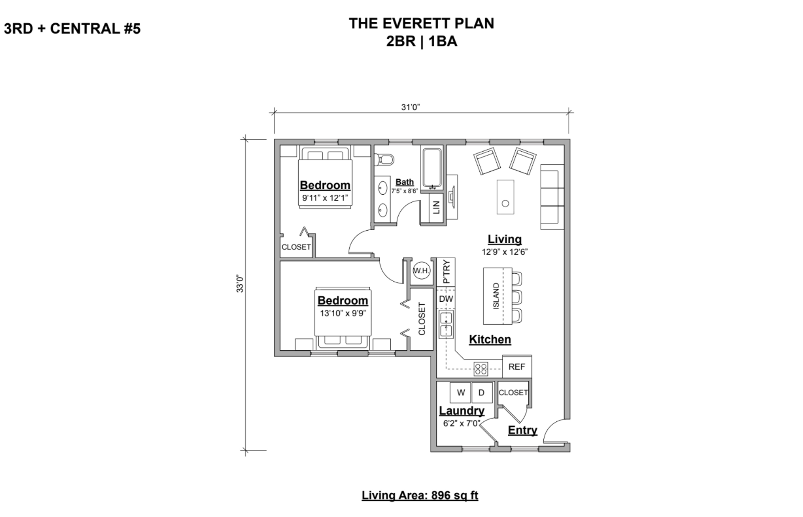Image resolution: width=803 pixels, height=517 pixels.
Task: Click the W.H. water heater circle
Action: (421, 270)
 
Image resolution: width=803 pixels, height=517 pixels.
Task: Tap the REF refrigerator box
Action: (517, 367)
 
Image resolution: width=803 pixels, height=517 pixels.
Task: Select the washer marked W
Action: (460, 392)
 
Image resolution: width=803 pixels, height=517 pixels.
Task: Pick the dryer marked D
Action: (481, 392)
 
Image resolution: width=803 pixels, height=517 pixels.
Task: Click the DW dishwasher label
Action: (446, 299)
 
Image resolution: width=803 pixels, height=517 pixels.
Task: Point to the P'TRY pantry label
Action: (446, 271)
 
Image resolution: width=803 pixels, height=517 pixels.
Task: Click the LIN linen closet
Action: (436, 207)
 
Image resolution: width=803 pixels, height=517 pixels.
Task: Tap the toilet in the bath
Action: (384, 159)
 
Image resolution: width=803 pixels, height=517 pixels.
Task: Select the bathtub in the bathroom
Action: (432, 168)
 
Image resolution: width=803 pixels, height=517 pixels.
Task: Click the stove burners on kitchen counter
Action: (481, 368)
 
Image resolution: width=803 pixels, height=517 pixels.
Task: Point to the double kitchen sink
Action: (446, 324)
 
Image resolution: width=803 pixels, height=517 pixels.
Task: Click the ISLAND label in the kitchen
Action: (496, 296)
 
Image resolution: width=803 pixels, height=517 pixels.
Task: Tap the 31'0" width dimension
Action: (410, 107)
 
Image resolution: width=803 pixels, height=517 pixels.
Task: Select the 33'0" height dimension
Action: (240, 283)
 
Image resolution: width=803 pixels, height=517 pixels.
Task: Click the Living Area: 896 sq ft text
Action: (419, 495)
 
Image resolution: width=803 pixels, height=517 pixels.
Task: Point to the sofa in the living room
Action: (552, 197)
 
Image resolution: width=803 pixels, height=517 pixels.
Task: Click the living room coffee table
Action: (505, 197)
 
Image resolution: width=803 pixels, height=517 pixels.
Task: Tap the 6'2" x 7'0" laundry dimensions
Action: (461, 423)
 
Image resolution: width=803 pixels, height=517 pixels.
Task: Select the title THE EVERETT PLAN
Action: (421, 23)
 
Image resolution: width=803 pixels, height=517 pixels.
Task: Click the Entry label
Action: (522, 430)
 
